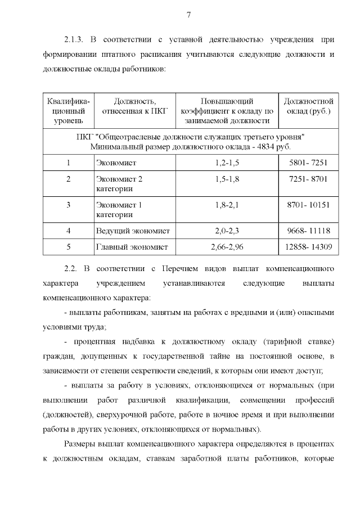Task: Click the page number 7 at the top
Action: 189,15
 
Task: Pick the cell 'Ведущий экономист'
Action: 133,231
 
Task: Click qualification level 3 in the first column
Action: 68,205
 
